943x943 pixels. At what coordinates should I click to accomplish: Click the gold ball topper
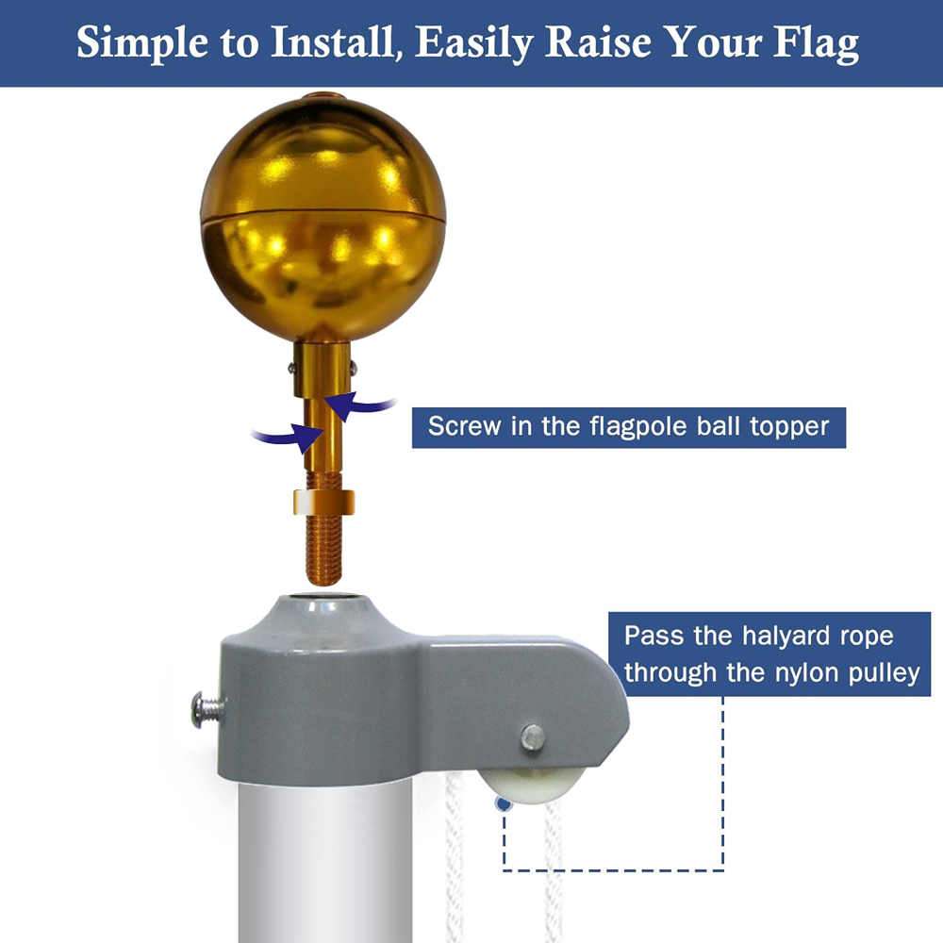point(323,217)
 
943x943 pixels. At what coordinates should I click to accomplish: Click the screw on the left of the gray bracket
point(207,710)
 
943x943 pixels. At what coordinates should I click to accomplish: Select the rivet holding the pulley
point(533,737)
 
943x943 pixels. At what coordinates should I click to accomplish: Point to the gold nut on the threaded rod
point(324,503)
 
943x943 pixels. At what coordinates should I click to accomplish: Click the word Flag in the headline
point(816,43)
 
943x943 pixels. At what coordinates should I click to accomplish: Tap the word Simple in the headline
point(142,43)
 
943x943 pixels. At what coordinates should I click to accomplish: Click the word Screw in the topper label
point(464,426)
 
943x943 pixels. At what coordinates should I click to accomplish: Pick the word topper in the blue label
point(789,428)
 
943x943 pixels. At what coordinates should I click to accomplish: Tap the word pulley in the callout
point(885,674)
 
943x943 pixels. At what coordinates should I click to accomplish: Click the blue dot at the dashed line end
point(504,803)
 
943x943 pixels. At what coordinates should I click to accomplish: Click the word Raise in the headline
point(598,42)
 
